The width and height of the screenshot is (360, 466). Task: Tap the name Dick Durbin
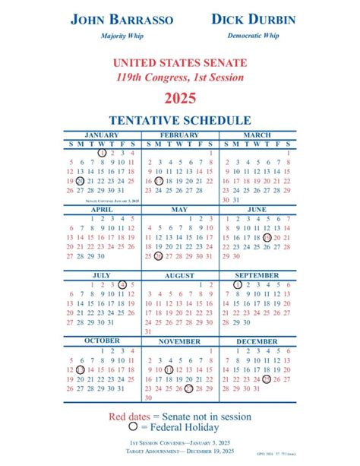[254, 19]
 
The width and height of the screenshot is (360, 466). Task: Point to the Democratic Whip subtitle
[254, 36]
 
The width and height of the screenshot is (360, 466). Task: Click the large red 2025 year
[180, 97]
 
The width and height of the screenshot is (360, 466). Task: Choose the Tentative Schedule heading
[180, 120]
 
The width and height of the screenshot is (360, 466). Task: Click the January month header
[101, 135]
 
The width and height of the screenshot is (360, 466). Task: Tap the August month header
[179, 275]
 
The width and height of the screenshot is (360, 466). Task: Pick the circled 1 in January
[101, 152]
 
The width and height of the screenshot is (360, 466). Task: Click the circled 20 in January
[81, 182]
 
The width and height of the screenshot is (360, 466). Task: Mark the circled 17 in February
[159, 182]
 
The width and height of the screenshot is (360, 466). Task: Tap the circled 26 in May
[159, 256]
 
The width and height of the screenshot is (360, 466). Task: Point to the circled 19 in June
[267, 237]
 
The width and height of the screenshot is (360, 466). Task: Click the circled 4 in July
[122, 284]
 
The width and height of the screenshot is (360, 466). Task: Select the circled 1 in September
[237, 284]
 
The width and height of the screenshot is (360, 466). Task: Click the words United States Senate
[180, 62]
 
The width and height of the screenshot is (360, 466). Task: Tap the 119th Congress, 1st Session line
[180, 77]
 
